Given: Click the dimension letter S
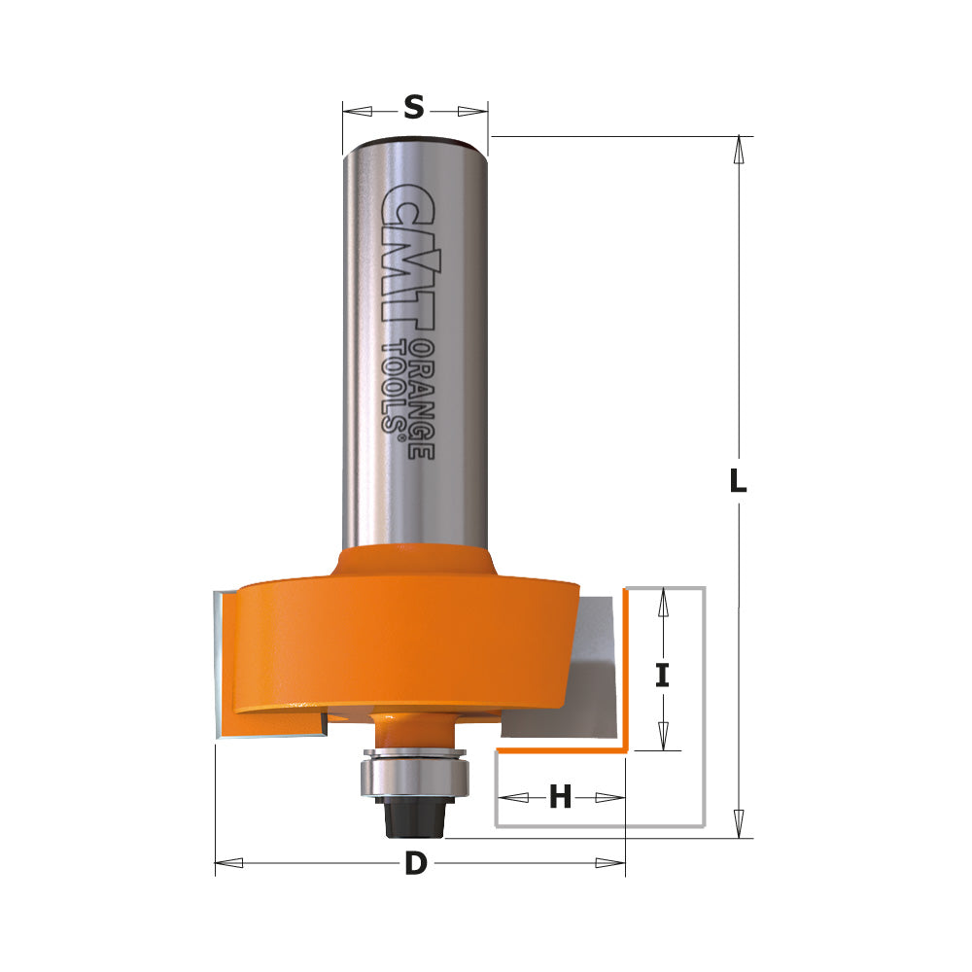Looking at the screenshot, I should (x=414, y=108).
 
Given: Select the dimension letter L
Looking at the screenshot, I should (x=739, y=480).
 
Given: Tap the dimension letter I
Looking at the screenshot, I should (x=663, y=675).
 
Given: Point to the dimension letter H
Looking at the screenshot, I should (x=560, y=798).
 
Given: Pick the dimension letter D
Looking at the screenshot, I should (x=416, y=863).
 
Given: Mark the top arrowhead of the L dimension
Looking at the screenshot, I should (x=740, y=147).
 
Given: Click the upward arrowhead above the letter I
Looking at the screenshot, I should (x=663, y=604).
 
